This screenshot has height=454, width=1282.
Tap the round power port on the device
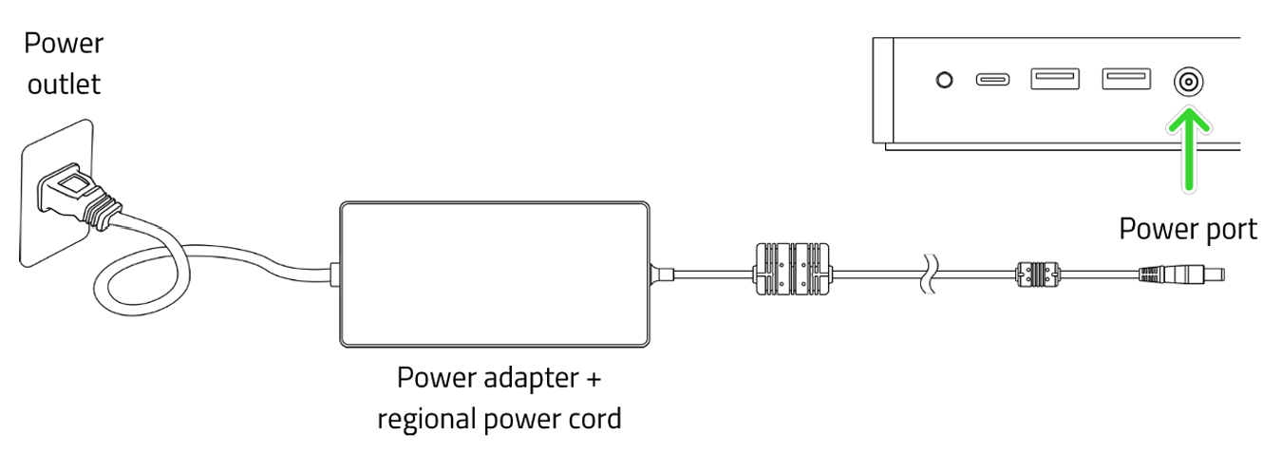tap(1187, 82)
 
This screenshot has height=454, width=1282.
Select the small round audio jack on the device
tap(944, 80)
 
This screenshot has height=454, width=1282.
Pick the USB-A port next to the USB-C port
tap(1054, 79)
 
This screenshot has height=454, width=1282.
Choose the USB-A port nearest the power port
tap(1125, 79)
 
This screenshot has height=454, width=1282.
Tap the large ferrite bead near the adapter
tap(792, 275)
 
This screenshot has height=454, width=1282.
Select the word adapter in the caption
tap(526, 378)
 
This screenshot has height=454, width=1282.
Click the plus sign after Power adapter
tap(594, 379)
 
